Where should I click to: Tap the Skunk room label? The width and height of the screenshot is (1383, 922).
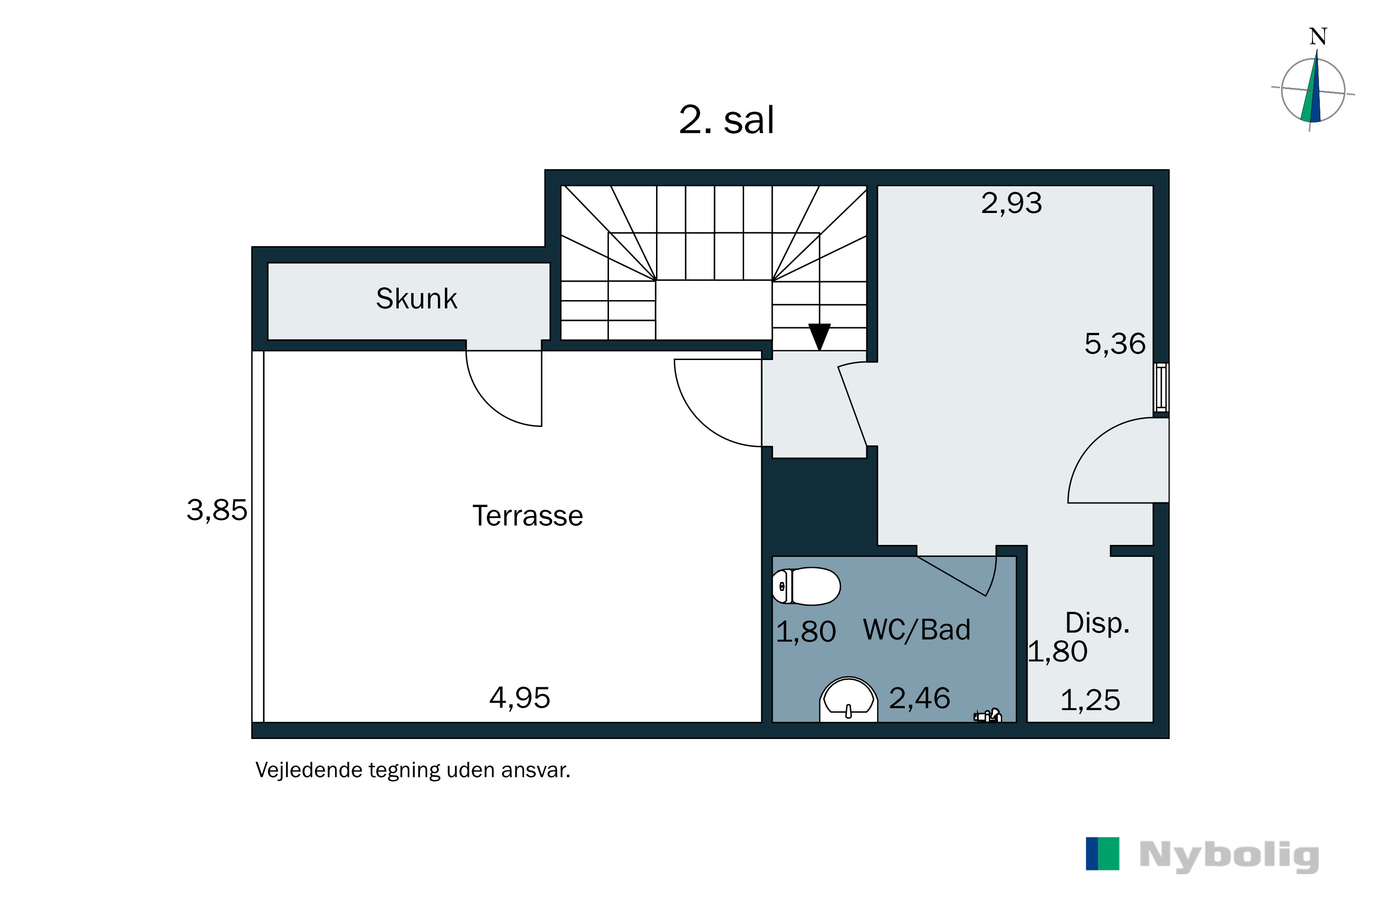416,299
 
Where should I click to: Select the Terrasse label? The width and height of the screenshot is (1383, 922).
527,516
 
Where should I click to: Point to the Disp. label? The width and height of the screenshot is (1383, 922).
1097,623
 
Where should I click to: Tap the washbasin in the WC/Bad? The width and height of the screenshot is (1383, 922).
849,700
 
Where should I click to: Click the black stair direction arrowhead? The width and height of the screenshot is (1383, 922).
819,337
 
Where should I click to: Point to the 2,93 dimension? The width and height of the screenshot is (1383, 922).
1011,203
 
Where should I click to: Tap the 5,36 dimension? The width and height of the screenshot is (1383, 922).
1115,343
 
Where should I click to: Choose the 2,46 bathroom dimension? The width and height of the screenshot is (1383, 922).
920,698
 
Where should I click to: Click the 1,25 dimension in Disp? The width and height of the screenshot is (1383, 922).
1090,700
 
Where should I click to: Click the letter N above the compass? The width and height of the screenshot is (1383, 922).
1318,37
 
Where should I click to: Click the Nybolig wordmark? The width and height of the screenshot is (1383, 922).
1229,857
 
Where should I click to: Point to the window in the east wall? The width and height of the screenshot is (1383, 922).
1161,387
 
